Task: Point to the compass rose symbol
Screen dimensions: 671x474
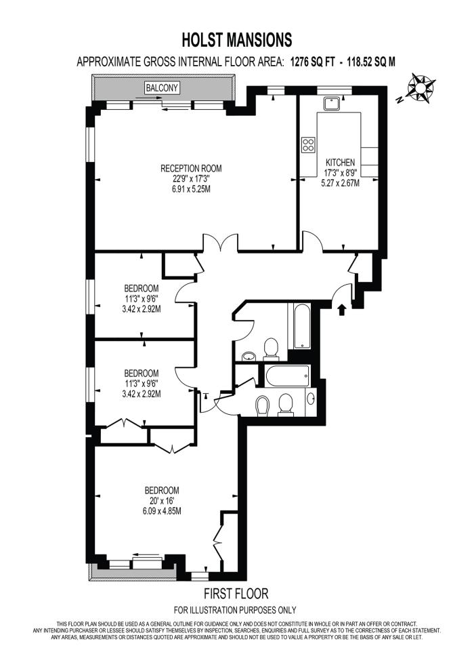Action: point(421,87)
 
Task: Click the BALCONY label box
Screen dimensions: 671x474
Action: point(161,87)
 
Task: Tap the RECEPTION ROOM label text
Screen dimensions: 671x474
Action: point(191,168)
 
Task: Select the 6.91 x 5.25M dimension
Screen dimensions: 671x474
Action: point(191,189)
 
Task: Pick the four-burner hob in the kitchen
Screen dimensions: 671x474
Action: point(308,144)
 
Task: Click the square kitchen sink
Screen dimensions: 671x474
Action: point(332,102)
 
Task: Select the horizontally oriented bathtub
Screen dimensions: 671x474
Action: point(288,375)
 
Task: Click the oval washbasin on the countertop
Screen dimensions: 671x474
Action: point(311,398)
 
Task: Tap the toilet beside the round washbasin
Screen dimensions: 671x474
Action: point(271,348)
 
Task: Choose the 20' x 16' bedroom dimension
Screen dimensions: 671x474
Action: point(162,501)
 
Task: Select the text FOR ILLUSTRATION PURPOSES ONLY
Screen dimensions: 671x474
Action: point(235,610)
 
